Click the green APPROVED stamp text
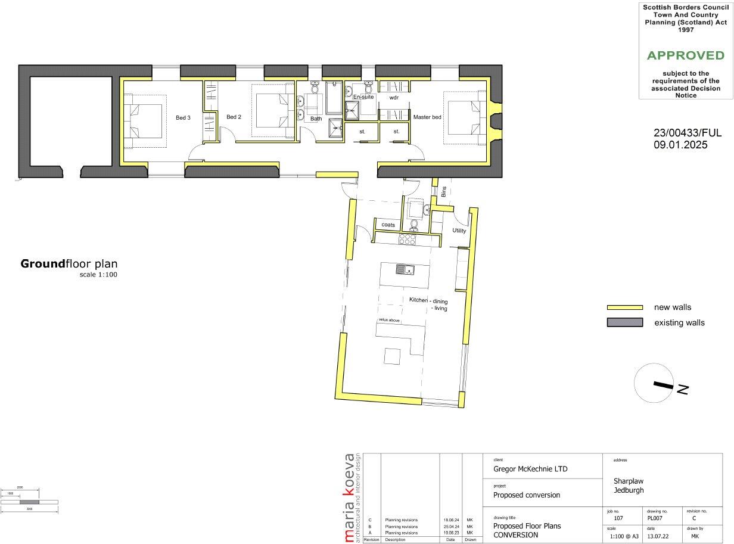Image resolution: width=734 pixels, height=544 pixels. (x=685, y=55)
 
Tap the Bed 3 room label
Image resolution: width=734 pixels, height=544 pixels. (x=183, y=117)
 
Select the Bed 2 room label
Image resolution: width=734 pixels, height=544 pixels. (x=234, y=117)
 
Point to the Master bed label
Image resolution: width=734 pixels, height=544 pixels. (x=427, y=117)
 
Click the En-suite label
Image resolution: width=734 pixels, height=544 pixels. (x=363, y=97)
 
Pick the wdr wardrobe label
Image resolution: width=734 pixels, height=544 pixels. (x=394, y=97)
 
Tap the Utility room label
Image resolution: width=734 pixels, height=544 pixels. (x=459, y=231)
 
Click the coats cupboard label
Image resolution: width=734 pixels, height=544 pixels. (x=388, y=225)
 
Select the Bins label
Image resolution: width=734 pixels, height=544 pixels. (x=444, y=191)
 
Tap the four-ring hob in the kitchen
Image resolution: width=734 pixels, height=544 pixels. (x=407, y=239)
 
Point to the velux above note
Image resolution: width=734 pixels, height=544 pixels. (x=389, y=321)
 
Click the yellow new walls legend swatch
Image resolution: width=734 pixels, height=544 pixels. (x=624, y=307)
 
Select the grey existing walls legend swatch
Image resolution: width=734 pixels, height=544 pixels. (x=624, y=322)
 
